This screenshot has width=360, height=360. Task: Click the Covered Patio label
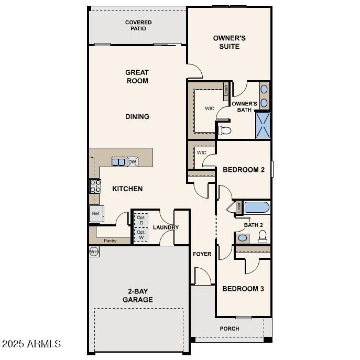pyautogui.click(x=138, y=25)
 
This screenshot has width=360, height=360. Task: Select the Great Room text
pyautogui.click(x=137, y=77)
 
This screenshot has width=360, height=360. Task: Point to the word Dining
pyautogui.click(x=137, y=116)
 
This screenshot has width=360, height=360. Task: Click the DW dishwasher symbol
pyautogui.click(x=133, y=162)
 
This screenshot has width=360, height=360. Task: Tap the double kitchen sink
pyautogui.click(x=118, y=162)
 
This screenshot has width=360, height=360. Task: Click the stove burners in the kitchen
pyautogui.click(x=95, y=186)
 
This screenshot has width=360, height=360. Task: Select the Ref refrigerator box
pyautogui.click(x=96, y=214)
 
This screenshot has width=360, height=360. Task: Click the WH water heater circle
pyautogui.click(x=94, y=252)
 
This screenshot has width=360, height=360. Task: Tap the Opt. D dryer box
pyautogui.click(x=141, y=220)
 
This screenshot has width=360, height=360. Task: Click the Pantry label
pyautogui.click(x=110, y=241)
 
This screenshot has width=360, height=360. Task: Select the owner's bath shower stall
pyautogui.click(x=263, y=125)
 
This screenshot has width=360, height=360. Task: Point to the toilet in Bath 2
pyautogui.click(x=263, y=236)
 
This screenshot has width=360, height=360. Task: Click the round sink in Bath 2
pyautogui.click(x=243, y=238)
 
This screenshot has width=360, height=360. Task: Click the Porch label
pyautogui.click(x=229, y=329)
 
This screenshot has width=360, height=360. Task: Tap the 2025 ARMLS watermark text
pyautogui.click(x=31, y=344)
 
